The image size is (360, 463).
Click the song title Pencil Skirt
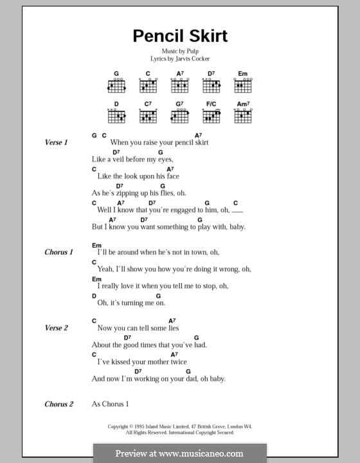point(180,36)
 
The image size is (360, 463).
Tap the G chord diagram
point(116,85)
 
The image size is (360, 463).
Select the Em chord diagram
point(242,85)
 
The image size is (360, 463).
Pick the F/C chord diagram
point(211,115)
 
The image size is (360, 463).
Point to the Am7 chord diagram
point(242,115)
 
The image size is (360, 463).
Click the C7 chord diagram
point(148,115)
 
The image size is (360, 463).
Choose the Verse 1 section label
point(57,142)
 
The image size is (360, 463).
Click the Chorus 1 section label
point(59,253)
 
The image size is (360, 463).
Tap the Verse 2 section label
point(57,328)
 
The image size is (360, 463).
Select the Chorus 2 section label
point(59,404)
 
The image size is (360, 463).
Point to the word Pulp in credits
point(195,51)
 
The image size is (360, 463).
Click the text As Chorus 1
point(111,404)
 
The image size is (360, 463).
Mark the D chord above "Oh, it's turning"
point(94,295)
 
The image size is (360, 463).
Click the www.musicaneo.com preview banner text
point(179,453)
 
